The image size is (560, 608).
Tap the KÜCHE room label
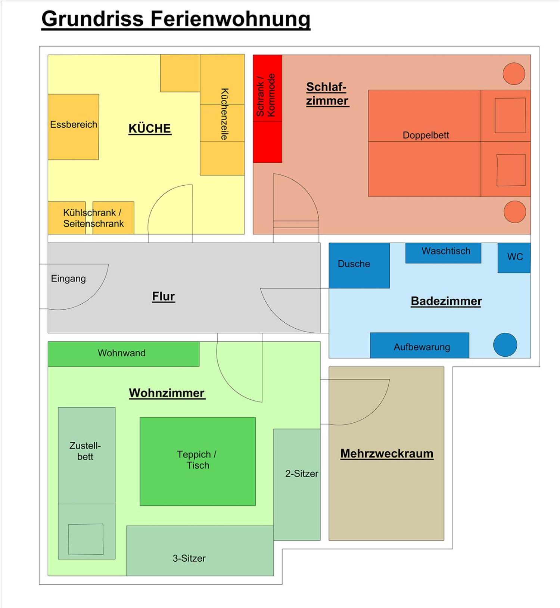coord(150,128)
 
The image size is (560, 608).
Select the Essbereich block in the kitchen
coord(73,127)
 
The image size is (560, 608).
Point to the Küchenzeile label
coord(224,114)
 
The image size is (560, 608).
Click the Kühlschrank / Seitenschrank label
coord(93,218)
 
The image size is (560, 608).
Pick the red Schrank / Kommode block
coord(267,109)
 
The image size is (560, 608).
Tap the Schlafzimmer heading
coord(327,94)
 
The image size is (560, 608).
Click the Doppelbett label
coord(426,135)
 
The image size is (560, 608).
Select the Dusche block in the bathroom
coord(359,266)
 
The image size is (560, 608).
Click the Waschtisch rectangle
coord(443,253)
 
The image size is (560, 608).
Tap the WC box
coord(514,258)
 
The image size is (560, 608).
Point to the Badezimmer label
coord(446,301)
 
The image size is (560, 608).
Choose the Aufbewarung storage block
coord(420,345)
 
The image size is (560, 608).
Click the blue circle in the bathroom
coord(505,345)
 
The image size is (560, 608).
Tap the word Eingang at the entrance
coord(68,279)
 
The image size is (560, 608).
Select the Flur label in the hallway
coord(164,297)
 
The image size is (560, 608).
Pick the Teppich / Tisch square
coord(197,462)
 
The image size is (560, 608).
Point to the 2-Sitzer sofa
coord(297,484)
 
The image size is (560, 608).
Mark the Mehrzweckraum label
coord(387,453)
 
